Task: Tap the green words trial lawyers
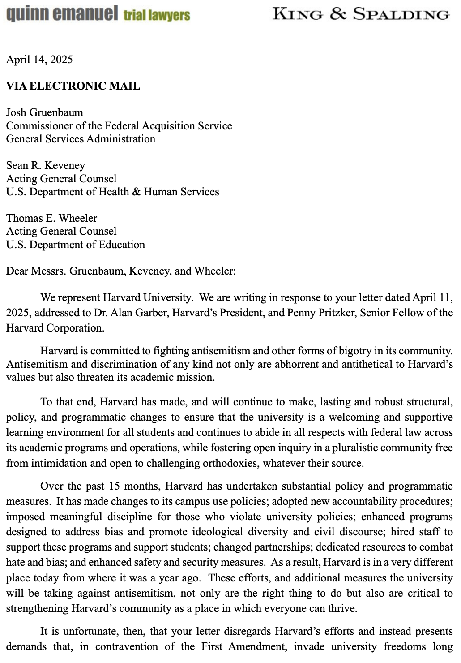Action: [157, 16]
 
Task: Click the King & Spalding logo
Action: [361, 14]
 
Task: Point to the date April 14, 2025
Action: [39, 60]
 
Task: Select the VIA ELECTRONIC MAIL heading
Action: [73, 86]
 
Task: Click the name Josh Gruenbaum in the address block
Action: [45, 112]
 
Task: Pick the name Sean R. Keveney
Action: [45, 165]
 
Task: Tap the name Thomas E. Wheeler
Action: [51, 218]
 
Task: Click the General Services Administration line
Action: [81, 139]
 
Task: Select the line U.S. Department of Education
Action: [75, 245]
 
